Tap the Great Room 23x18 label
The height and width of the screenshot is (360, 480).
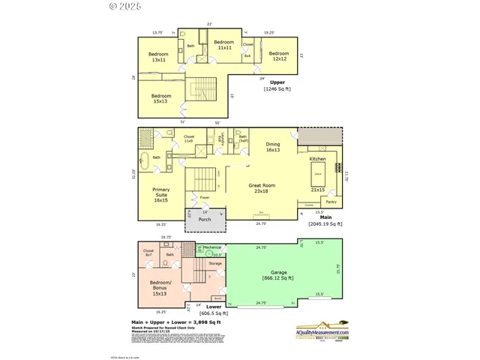(262, 187)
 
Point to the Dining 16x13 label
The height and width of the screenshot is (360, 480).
(272, 147)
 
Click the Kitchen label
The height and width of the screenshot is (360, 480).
(318, 159)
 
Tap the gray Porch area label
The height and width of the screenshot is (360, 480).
(204, 220)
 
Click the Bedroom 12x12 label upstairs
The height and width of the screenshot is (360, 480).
(279, 55)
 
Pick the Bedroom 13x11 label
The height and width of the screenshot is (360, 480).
(158, 57)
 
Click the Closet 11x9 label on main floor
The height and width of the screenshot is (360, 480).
(189, 139)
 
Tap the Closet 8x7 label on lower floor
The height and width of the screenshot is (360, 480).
(148, 253)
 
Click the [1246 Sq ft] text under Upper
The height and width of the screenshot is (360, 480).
(277, 89)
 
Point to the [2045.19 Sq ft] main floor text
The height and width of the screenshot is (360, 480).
(325, 223)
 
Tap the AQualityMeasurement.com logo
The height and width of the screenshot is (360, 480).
(322, 330)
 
